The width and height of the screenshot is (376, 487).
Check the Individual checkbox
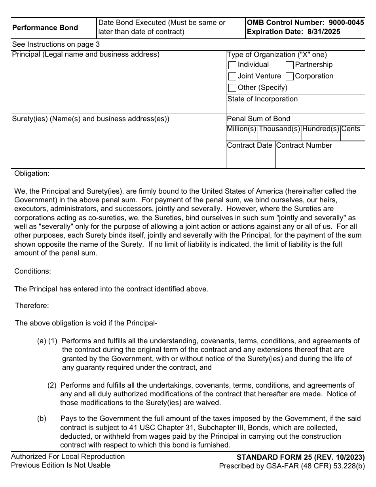click(x=232, y=65)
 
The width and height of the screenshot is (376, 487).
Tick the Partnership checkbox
click(x=290, y=65)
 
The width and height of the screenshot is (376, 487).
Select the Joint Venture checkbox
click(x=232, y=76)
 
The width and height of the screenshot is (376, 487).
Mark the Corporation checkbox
click(x=290, y=76)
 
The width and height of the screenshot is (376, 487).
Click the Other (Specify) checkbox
click(x=232, y=88)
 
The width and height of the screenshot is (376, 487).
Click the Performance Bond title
click(x=45, y=28)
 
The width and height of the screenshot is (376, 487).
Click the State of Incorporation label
click(x=262, y=99)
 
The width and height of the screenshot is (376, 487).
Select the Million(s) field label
click(x=241, y=129)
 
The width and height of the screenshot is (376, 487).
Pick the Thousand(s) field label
click(x=279, y=129)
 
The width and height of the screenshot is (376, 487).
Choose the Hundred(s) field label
click(x=321, y=129)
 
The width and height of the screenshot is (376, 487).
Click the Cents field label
click(x=351, y=129)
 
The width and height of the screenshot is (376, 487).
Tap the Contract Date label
click(x=250, y=146)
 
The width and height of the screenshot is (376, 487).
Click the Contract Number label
click(x=304, y=146)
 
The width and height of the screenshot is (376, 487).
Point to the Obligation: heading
click(x=32, y=173)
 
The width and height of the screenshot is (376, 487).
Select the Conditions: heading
click(x=32, y=272)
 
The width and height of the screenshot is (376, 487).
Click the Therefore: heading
click(x=32, y=306)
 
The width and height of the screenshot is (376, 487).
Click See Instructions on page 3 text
click(x=56, y=44)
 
